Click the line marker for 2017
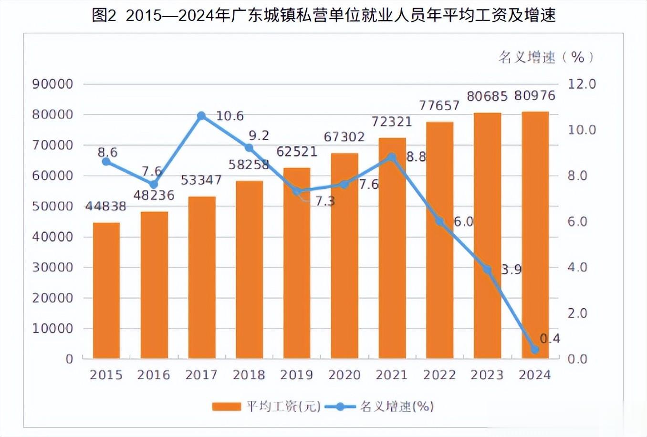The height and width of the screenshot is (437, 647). (x=201, y=116)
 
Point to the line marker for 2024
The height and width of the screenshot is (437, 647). (x=535, y=350)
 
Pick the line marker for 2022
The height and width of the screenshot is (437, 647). (x=439, y=221)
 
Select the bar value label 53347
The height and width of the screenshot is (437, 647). (x=201, y=180)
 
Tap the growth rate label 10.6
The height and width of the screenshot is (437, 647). (x=230, y=116)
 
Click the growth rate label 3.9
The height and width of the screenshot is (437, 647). (x=511, y=270)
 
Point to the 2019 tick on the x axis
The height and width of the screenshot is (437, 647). (x=296, y=375)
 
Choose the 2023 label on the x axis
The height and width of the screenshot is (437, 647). (x=487, y=375)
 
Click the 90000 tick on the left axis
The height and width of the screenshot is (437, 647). (x=52, y=84)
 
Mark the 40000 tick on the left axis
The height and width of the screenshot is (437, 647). (x=52, y=237)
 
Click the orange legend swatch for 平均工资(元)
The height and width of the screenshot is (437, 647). (x=226, y=406)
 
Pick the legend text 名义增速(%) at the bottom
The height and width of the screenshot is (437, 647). (x=397, y=406)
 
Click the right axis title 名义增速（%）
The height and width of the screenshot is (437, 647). (x=547, y=57)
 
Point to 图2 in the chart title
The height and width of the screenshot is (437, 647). (x=104, y=16)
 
